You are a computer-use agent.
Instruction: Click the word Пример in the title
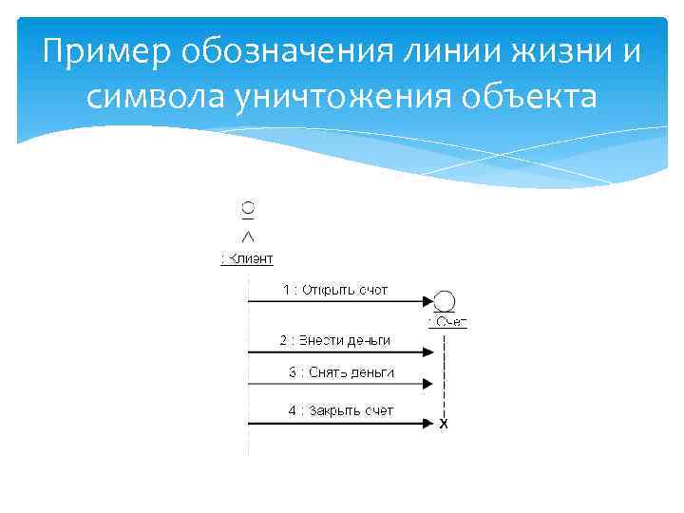[x=91, y=53]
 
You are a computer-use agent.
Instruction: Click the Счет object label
[x=448, y=322]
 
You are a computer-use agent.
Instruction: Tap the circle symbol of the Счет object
[x=445, y=301]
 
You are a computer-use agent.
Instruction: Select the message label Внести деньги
[x=334, y=340]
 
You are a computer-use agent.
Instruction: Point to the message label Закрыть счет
[x=341, y=410]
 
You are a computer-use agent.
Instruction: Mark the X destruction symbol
[x=444, y=425]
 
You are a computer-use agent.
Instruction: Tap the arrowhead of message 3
[x=430, y=384]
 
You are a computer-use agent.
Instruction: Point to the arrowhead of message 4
[x=430, y=423]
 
